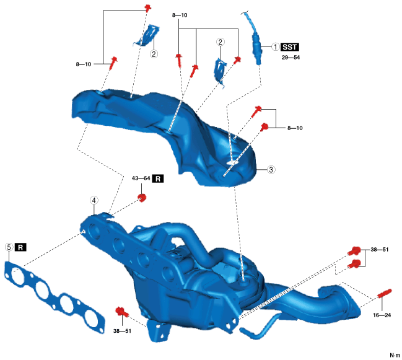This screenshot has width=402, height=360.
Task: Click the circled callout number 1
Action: pyautogui.click(x=274, y=47)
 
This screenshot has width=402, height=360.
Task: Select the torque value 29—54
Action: pyautogui.click(x=291, y=57)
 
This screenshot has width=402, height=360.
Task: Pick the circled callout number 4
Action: pyautogui.click(x=93, y=200)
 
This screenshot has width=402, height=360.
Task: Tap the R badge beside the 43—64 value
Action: pyautogui.click(x=159, y=179)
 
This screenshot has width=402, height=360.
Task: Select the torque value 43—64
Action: pyautogui.click(x=141, y=179)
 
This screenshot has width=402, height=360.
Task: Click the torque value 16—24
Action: pyautogui.click(x=382, y=315)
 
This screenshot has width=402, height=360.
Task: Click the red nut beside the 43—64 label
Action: pyautogui.click(x=142, y=198)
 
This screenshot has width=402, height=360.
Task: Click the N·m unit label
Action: pyautogui.click(x=395, y=355)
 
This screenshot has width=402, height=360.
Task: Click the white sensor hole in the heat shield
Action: pyautogui.click(x=232, y=162)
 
